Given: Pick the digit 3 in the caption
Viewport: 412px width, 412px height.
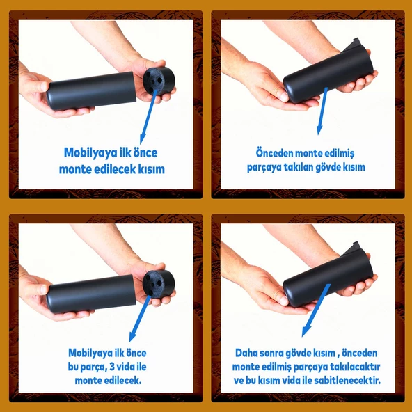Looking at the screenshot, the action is pos(112,367).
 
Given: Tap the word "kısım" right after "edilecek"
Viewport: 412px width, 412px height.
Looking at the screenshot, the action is pos(152,169).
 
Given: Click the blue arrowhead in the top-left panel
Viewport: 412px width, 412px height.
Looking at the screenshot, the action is pos(143,139).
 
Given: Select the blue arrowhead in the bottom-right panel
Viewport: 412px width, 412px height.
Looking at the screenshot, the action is pos(306,332).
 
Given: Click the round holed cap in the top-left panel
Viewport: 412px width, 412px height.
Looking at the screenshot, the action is pos(159,81).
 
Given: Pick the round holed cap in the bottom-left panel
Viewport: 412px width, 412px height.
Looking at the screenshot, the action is pos(159,284).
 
